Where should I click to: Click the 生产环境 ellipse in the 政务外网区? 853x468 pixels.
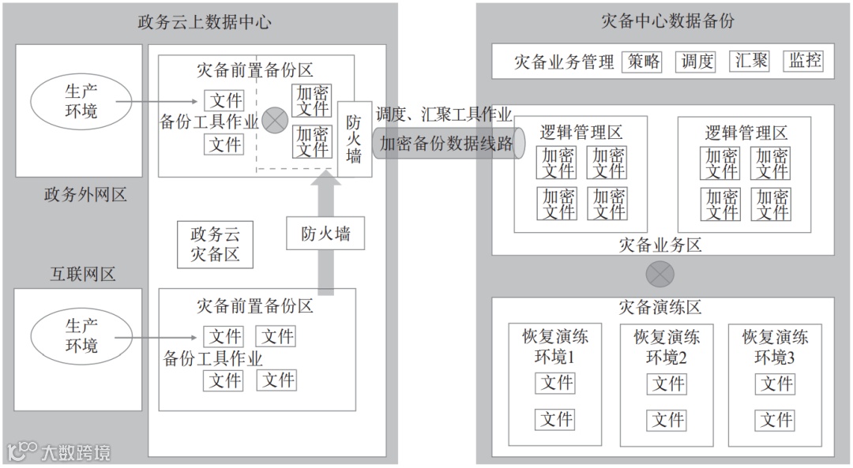click(x=81, y=100)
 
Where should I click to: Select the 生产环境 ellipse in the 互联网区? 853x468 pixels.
click(x=81, y=335)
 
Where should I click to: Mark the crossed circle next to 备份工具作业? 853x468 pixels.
click(x=274, y=120)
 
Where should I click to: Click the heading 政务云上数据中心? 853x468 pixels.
click(x=204, y=21)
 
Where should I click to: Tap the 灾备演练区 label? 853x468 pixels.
click(x=661, y=308)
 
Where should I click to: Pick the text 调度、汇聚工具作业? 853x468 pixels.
click(x=444, y=114)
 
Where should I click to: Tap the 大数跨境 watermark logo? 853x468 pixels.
click(x=59, y=451)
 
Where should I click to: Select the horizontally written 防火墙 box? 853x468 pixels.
click(x=325, y=234)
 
